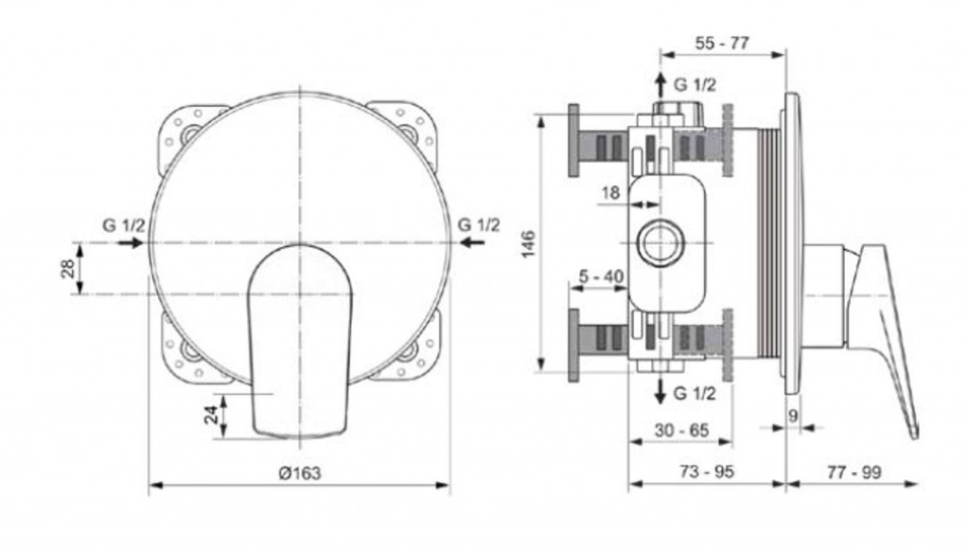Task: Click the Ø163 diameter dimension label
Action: click(300, 472)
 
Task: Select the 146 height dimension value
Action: click(528, 244)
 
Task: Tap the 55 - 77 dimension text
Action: click(722, 44)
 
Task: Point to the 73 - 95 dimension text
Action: click(707, 471)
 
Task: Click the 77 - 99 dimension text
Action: click(854, 472)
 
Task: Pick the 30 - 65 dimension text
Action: click(681, 430)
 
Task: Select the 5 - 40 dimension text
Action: click(601, 276)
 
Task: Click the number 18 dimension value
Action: click(610, 193)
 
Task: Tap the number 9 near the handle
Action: click(794, 416)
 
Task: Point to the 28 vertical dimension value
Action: click(68, 268)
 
